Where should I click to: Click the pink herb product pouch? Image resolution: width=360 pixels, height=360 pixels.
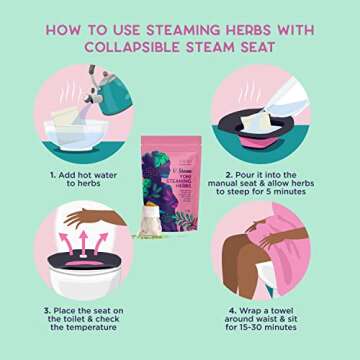[180, 180]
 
